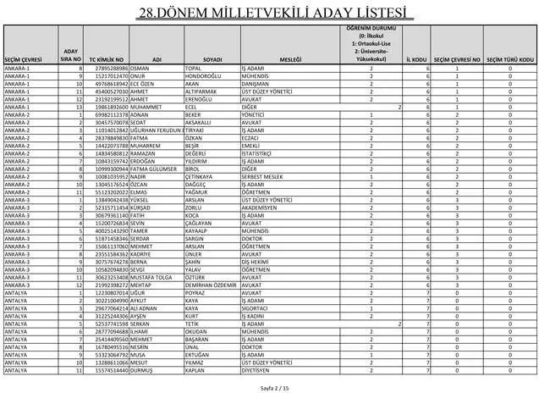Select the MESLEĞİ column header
coord(290,60)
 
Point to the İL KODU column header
coord(415,60)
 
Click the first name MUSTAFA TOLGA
coord(152,278)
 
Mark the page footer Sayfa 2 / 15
coord(269,386)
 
